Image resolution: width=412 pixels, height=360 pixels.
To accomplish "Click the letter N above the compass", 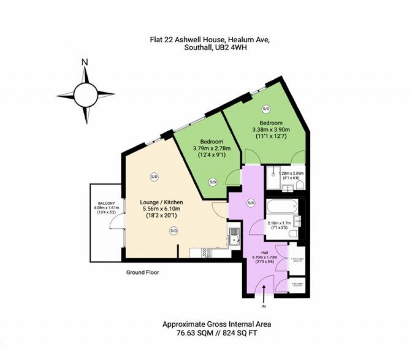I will (84, 62).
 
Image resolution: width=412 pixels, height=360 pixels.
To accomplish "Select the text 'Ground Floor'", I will (142, 273).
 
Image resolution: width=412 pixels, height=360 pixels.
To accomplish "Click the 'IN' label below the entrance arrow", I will (264, 307).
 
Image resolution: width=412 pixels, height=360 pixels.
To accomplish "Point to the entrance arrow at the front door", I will (264, 294).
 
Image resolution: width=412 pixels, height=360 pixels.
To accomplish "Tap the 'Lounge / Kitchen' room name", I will (161, 202).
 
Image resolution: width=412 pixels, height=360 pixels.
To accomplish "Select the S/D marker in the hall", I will (251, 203).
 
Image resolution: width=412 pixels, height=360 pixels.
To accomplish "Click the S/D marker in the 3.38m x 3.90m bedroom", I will (266, 109).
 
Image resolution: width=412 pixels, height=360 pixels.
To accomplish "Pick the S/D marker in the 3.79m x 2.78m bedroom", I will (212, 182).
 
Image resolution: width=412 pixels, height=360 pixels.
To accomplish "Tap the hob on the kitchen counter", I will (207, 252).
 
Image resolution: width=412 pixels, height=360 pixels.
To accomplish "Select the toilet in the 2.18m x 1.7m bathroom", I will (294, 234).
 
